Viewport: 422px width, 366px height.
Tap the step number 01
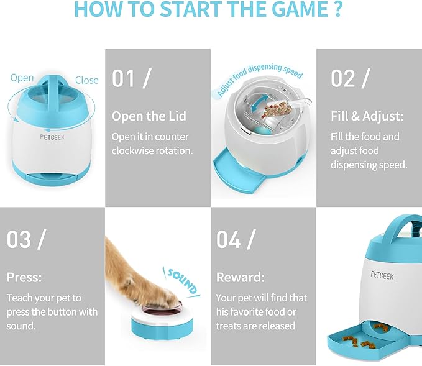[x=123, y=78]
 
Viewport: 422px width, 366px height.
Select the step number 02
[x=342, y=78]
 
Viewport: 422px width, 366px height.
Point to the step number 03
[x=19, y=239]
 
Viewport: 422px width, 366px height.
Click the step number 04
[x=228, y=239]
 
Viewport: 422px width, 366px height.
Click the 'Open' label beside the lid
[x=22, y=78]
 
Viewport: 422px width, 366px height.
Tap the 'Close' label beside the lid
[x=86, y=80]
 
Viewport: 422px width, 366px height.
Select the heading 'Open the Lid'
[x=149, y=116]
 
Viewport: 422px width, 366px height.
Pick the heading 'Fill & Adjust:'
[x=367, y=116]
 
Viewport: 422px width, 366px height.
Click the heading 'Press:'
[x=24, y=277]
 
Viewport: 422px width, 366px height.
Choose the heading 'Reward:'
[x=241, y=277]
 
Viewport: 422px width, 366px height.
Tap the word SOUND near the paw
[x=182, y=281]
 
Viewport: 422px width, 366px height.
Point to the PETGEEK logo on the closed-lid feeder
[x=52, y=137]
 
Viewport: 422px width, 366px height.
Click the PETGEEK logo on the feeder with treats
[x=382, y=275]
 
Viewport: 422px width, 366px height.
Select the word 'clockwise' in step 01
[x=132, y=151]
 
